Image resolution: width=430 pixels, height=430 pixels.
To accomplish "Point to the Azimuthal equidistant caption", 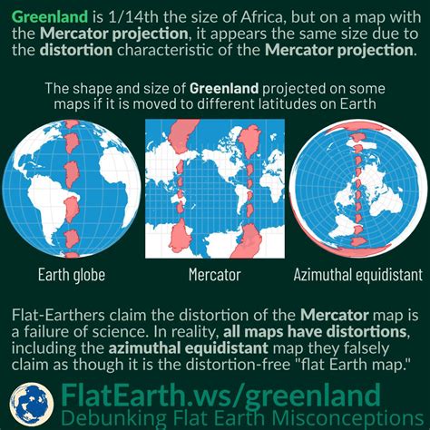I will [x=358, y=274].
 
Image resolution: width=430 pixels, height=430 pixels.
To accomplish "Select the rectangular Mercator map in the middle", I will [x=214, y=195].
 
